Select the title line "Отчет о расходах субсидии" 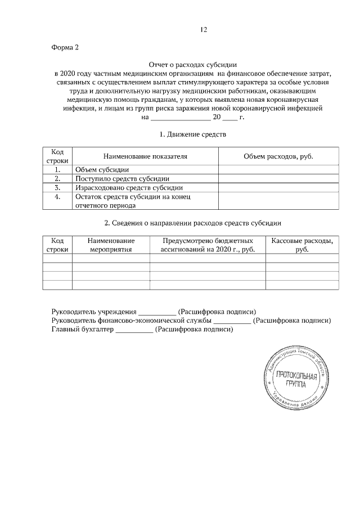click(x=193, y=65)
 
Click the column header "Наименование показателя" click(x=145, y=156)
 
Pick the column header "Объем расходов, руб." click(x=278, y=156)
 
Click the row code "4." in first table click(x=57, y=196)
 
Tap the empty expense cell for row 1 click(x=278, y=169)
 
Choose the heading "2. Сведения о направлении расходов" click(x=193, y=223)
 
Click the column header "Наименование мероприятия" click(x=110, y=245)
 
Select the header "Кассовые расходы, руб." click(x=302, y=245)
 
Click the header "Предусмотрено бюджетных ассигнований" click(x=208, y=245)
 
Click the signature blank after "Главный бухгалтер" click(x=134, y=330)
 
